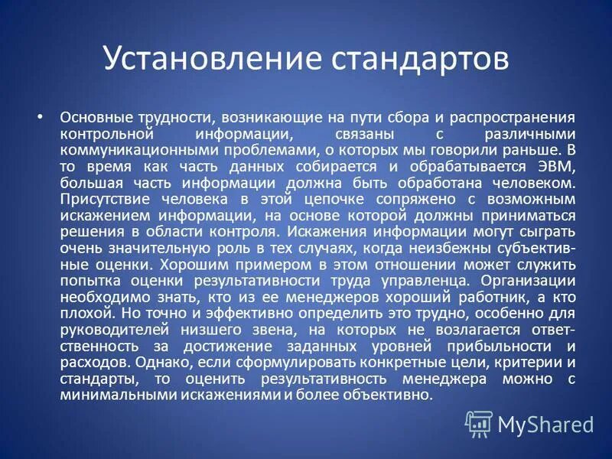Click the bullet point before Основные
41,118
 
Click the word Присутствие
97,200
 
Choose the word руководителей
109,330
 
